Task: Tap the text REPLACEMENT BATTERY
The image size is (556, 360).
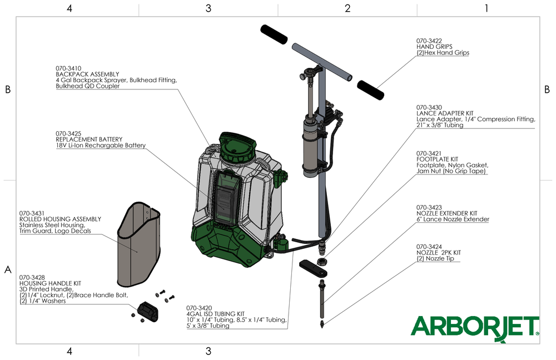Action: click(x=89, y=139)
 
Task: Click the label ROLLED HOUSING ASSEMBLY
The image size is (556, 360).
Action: click(x=60, y=219)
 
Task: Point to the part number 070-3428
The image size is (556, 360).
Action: click(x=32, y=277)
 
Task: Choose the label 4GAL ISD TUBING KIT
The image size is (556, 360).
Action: click(x=215, y=314)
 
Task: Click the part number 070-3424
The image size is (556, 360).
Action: click(x=429, y=246)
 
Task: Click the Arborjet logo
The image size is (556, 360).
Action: click(x=475, y=327)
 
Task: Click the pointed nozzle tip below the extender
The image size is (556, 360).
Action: click(x=322, y=322)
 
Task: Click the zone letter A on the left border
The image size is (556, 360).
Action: click(x=8, y=270)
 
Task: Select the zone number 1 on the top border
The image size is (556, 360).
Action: click(x=487, y=8)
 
